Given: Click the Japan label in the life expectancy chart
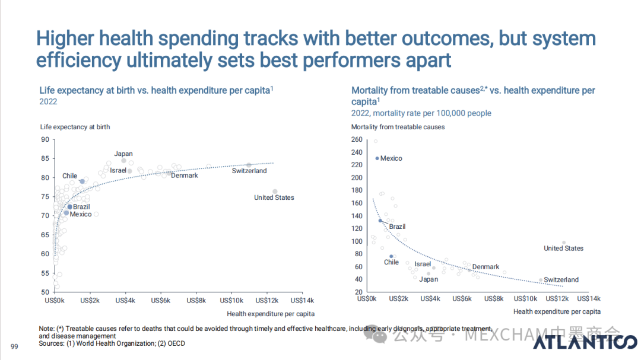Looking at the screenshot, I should coord(123,154).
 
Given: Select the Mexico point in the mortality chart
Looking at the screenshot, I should coord(377,158).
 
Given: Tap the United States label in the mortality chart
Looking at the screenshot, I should coord(563,249).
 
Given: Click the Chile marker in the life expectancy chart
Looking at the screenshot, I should coord(82,181).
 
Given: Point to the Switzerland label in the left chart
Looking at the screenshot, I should coord(249,171).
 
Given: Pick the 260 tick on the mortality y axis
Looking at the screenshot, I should coord(357,139).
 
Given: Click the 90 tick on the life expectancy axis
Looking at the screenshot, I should coord(45,139).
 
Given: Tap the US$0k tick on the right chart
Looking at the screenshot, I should coord(366,299).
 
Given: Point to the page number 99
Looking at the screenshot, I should coord(15,346).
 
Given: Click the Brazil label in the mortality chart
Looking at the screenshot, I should coord(397,227).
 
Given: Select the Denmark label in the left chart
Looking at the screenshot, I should coord(184,176).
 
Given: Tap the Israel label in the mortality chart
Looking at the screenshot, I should coord(422,264).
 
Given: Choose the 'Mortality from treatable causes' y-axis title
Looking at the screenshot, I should coord(398,127).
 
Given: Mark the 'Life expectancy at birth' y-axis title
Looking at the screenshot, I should coord(75,127).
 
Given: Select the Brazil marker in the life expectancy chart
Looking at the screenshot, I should coord(69,206).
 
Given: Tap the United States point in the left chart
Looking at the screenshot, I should coord(275,191).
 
